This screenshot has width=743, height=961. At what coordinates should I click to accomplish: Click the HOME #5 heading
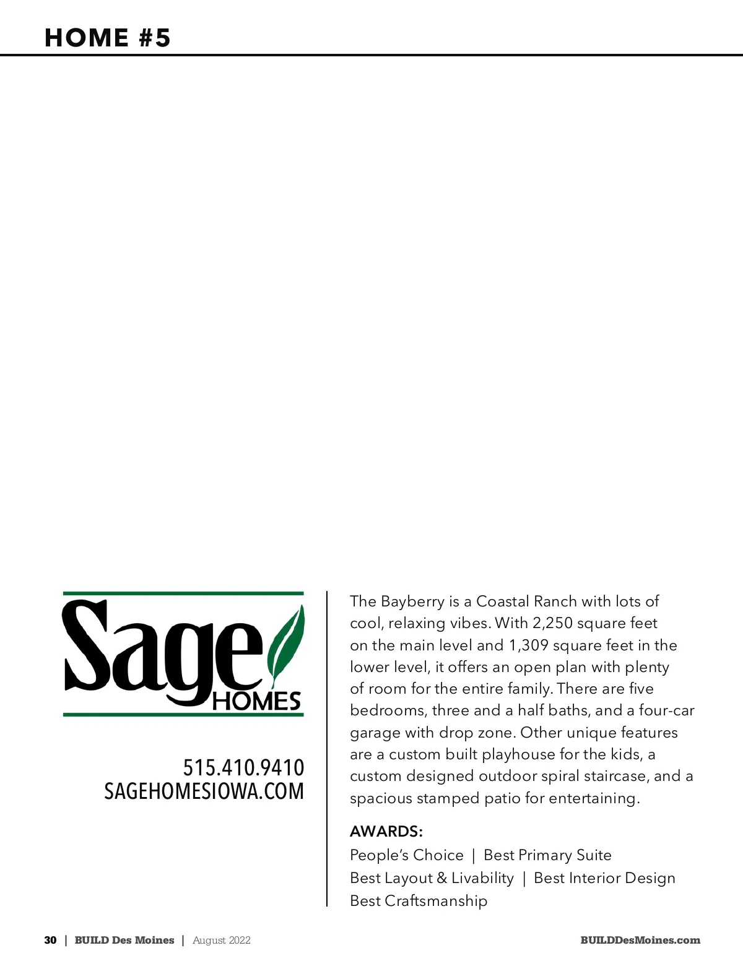click(107, 38)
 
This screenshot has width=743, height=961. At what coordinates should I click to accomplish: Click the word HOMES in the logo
click(256, 701)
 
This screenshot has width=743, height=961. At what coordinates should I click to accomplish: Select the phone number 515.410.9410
click(243, 768)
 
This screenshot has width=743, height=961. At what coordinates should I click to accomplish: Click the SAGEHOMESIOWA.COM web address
click(204, 791)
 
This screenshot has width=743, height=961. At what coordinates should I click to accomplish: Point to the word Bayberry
click(412, 601)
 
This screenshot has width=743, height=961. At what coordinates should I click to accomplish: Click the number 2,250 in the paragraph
click(552, 623)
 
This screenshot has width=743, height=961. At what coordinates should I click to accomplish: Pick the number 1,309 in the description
click(529, 645)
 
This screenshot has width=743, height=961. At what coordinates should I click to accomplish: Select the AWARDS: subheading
click(386, 831)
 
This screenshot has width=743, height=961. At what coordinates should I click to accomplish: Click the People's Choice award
click(406, 855)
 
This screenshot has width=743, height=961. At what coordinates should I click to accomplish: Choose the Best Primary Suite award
click(547, 855)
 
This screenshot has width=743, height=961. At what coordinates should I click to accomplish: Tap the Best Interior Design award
click(604, 878)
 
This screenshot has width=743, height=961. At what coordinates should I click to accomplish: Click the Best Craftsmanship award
click(419, 901)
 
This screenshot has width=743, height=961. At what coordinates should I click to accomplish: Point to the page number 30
click(50, 940)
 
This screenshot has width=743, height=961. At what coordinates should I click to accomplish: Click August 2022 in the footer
click(222, 940)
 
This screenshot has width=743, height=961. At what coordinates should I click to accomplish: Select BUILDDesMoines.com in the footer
click(640, 940)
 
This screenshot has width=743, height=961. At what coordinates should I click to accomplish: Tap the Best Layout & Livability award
click(432, 878)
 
